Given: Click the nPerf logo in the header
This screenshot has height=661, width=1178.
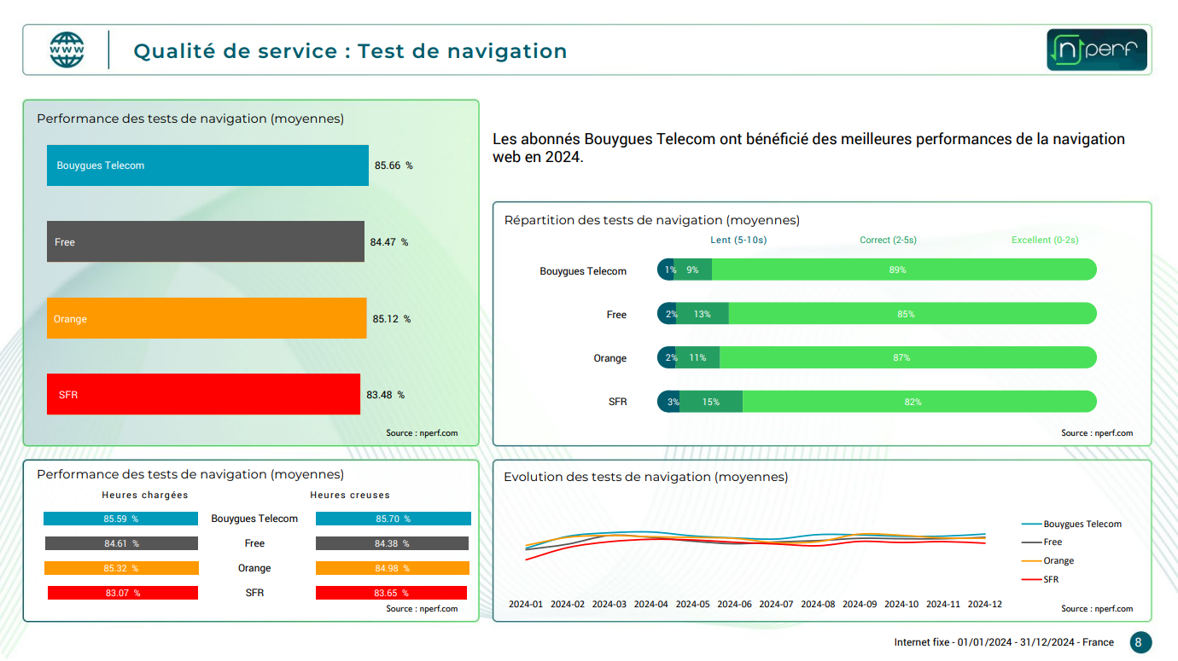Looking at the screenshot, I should tap(1097, 50).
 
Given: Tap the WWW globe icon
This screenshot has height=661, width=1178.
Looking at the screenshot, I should tap(67, 50).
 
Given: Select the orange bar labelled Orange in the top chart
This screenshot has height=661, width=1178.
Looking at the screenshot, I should tap(207, 318).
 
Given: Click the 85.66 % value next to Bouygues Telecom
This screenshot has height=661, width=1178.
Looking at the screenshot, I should tap(393, 165).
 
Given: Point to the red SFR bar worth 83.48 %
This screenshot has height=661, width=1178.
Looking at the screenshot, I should tap(203, 394).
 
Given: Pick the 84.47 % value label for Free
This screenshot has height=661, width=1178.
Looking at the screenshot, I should tap(388, 242).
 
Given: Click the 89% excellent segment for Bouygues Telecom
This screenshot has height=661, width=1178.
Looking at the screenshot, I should tap(903, 270).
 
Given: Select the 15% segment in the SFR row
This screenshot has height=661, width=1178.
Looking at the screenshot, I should tap(711, 402).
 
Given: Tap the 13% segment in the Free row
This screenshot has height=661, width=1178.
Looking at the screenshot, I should tap(703, 314).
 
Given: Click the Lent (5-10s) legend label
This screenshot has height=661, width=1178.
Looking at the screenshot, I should tap(738, 240).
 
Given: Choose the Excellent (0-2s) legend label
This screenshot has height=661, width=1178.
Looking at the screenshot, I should tap(1045, 240).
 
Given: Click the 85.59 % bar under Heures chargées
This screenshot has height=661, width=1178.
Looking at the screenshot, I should tap(120, 519).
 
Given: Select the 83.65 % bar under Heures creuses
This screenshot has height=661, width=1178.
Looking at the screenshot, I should tap(391, 593).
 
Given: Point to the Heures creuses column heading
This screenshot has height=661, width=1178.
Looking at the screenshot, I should tap(350, 495).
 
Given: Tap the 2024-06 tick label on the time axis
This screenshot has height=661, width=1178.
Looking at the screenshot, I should tap(734, 604).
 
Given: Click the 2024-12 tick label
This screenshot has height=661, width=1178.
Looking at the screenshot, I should tap(984, 604).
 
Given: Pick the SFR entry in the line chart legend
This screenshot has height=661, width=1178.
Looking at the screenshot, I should tap(1051, 579).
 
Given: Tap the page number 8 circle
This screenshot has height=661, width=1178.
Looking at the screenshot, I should tap(1140, 642).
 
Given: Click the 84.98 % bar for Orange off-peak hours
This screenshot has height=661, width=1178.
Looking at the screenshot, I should tap(393, 568).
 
